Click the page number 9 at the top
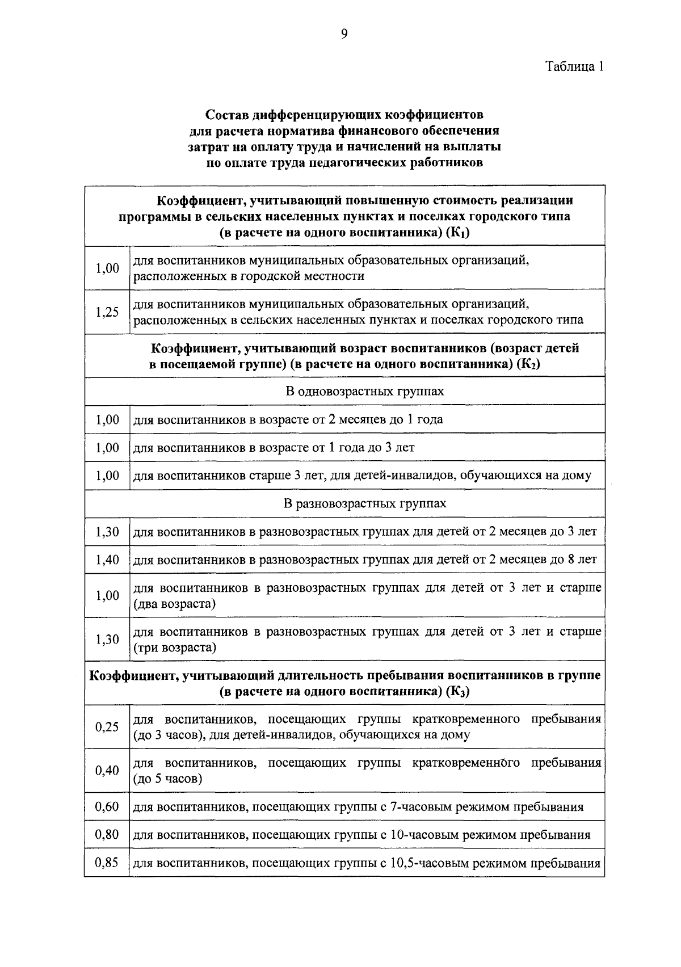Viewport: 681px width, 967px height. (x=344, y=35)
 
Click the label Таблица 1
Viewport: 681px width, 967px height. (x=574, y=66)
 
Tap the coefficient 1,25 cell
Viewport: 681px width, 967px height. (x=107, y=312)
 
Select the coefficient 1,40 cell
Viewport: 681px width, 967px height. (x=107, y=560)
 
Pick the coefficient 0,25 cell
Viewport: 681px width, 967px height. (x=107, y=727)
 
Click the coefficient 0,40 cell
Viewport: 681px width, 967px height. (x=107, y=771)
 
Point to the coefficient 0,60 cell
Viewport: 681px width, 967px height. (x=107, y=807)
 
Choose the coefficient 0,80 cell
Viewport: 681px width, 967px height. (x=107, y=835)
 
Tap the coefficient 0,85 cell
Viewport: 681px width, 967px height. (x=107, y=863)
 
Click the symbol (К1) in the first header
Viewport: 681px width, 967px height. (x=458, y=233)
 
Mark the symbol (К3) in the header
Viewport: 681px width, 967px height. (x=458, y=692)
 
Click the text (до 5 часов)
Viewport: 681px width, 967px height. (x=167, y=779)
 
